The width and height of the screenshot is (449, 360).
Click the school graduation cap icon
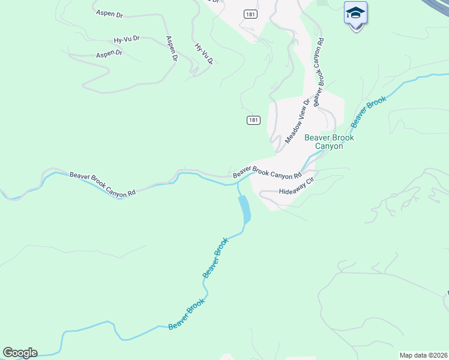[x=355, y=13]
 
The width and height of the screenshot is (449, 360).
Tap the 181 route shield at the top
[x=252, y=14]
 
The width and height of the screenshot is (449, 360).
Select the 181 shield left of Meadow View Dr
[x=253, y=120]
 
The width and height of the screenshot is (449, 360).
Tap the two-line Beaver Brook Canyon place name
[x=329, y=142]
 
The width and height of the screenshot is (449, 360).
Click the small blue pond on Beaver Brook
[x=244, y=209]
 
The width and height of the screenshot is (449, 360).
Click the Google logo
[x=20, y=353]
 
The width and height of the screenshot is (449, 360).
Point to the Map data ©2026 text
[x=423, y=355]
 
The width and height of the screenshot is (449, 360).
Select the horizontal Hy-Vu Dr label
[x=127, y=40]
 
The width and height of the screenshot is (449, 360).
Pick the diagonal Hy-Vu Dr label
[x=204, y=53]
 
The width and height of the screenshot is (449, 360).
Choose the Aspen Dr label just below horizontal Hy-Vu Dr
[x=109, y=54]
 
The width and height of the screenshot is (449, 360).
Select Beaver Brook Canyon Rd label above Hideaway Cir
[x=267, y=173]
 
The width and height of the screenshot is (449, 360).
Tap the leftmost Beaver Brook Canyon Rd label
[x=103, y=184]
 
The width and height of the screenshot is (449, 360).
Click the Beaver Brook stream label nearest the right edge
[x=369, y=112]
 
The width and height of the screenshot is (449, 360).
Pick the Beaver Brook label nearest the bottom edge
[x=187, y=314]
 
